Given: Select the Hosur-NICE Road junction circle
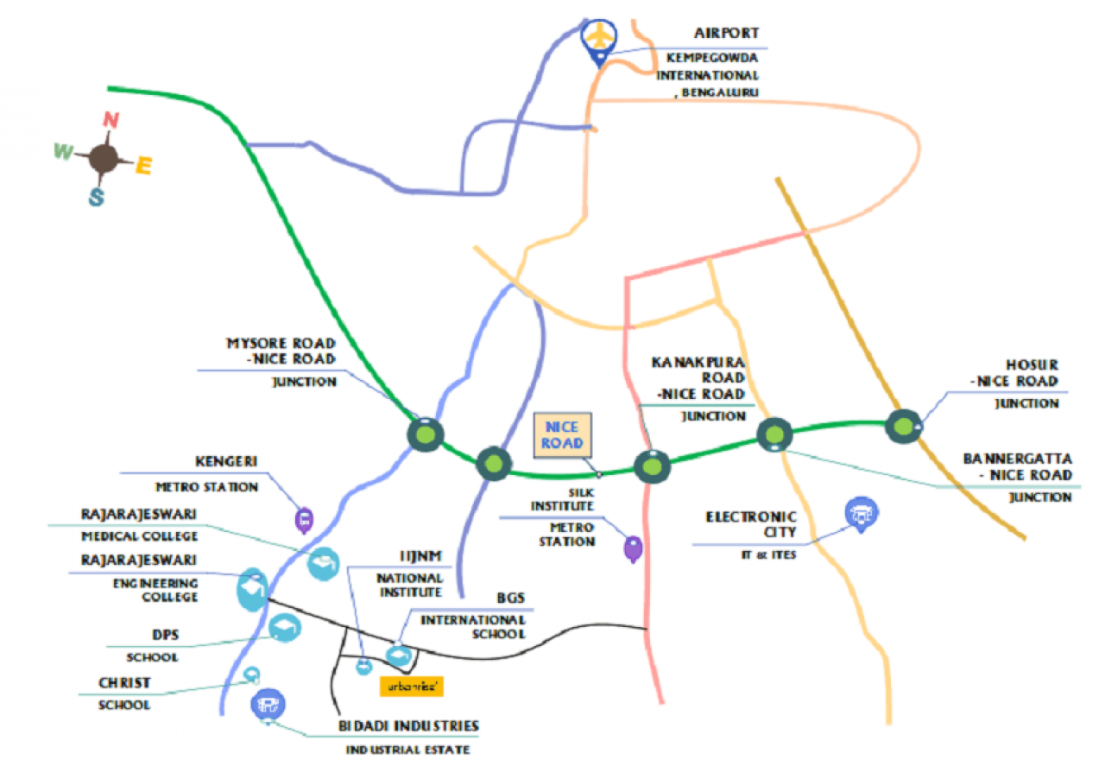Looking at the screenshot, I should point(902,425).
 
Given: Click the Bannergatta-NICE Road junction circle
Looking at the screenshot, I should point(774,434).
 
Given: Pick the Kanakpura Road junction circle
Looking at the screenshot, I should point(652,466).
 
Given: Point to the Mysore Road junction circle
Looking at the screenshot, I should point(426,434).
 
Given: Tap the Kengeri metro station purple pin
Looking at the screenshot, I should point(304,519).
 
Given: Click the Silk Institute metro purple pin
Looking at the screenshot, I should point(634,548).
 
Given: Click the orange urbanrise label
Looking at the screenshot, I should point(412,687).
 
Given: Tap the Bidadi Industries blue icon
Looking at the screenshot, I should point(266,705).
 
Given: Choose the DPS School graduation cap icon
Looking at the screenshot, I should point(283,628).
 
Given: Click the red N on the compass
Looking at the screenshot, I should point(110,119).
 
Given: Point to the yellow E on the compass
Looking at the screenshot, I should point(143,165).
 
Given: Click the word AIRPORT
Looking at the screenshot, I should point(727,34).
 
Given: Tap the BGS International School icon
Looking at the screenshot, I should point(399,656).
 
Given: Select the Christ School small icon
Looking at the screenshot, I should point(252,674).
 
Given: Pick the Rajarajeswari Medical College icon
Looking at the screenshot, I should point(324,563).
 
